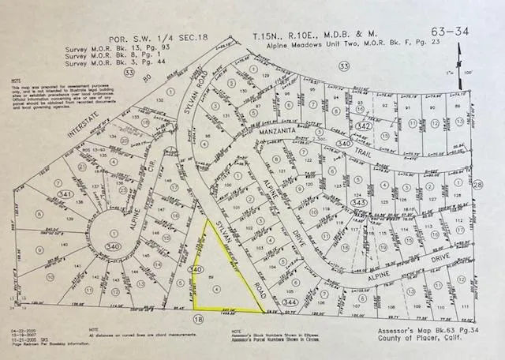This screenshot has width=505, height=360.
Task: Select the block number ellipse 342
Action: (x=364, y=126)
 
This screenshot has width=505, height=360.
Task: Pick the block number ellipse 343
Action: (x=358, y=203)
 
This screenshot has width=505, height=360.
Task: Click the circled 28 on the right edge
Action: (x=478, y=184)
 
